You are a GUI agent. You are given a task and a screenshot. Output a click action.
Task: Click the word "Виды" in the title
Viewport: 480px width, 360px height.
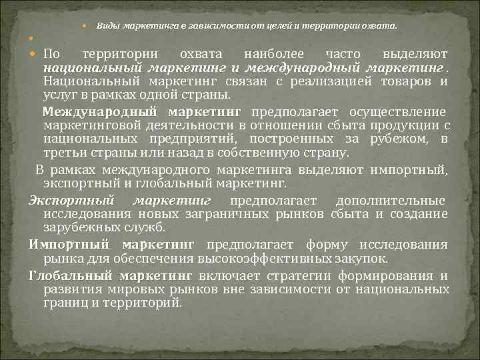(x=107, y=25)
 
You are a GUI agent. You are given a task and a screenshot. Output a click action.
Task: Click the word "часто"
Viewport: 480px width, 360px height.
(x=343, y=53)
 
